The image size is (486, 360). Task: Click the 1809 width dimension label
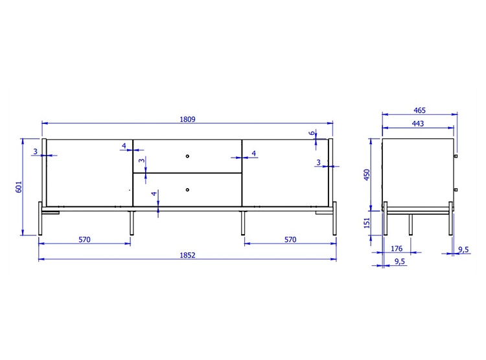tap(187, 119)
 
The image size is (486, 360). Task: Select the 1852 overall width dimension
tap(187, 255)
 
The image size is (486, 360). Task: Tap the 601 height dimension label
tap(19, 187)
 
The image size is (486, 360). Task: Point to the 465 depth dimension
tap(420, 110)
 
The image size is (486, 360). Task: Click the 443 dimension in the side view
tap(418, 123)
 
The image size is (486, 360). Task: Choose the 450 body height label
tap(367, 174)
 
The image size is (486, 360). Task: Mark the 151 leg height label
tap(367, 222)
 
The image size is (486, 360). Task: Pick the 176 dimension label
tap(397, 248)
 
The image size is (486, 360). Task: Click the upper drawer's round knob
tap(187, 156)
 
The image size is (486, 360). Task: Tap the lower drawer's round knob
tap(187, 189)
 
